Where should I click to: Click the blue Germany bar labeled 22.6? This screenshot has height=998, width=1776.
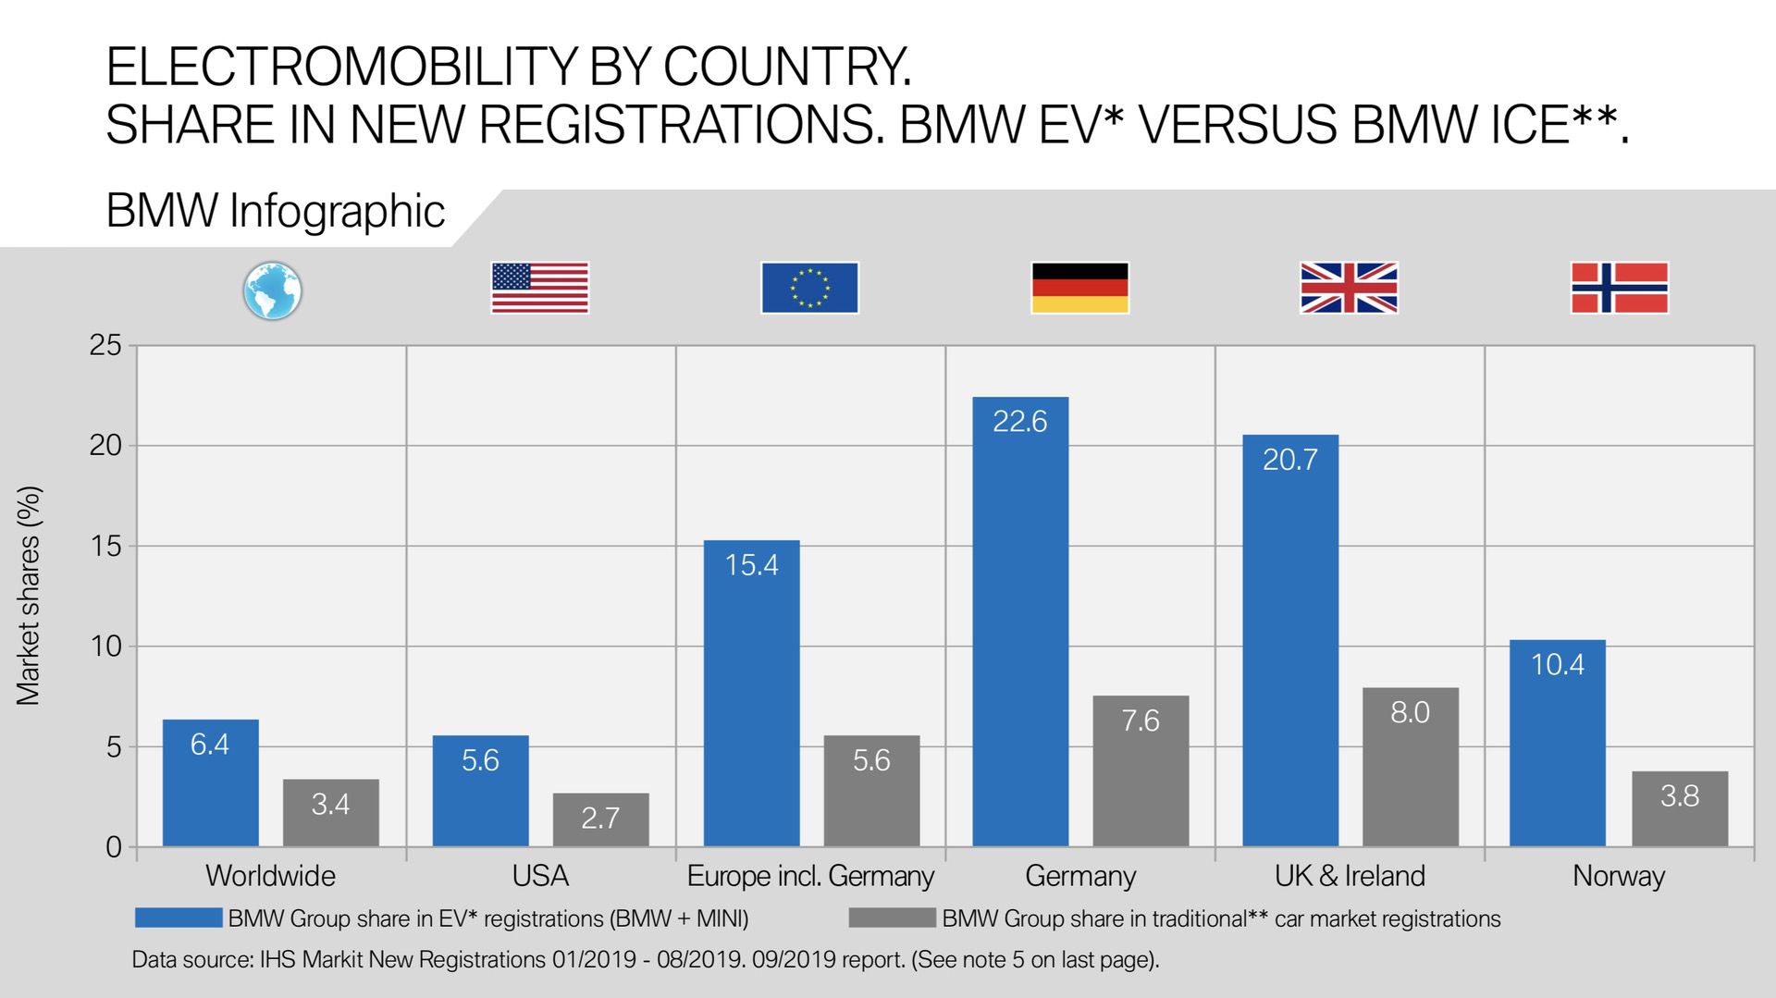pos(1020,622)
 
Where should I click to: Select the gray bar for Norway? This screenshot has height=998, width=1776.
pos(1679,808)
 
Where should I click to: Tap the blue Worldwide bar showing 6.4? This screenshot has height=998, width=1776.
pos(210,782)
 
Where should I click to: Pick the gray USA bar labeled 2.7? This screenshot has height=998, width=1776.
pos(600,819)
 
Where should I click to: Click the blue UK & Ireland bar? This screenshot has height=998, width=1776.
pos(1289,640)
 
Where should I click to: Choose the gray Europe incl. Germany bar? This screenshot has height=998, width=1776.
pos(871,791)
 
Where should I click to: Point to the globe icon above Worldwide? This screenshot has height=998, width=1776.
pos(272,290)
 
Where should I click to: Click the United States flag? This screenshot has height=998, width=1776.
pos(539,288)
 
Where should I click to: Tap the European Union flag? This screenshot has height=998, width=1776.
pos(809,288)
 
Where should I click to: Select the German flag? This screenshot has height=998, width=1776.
pos(1079,288)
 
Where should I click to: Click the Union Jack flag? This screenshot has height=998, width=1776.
pos(1349,288)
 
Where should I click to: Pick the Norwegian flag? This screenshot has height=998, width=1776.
pos(1619,288)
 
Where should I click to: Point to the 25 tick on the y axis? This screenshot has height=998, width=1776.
pos(105,346)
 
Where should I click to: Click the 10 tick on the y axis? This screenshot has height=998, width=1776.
pos(105,647)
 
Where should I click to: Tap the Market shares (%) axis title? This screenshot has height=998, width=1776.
pos(29,596)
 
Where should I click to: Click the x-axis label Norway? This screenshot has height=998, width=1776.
pos(1619,876)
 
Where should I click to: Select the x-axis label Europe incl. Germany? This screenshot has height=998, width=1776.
pos(810,876)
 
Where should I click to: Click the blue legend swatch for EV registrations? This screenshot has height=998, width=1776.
pos(179,918)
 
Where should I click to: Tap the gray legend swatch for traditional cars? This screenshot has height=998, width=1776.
pos(892,918)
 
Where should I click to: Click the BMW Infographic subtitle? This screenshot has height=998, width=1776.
pos(276,211)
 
